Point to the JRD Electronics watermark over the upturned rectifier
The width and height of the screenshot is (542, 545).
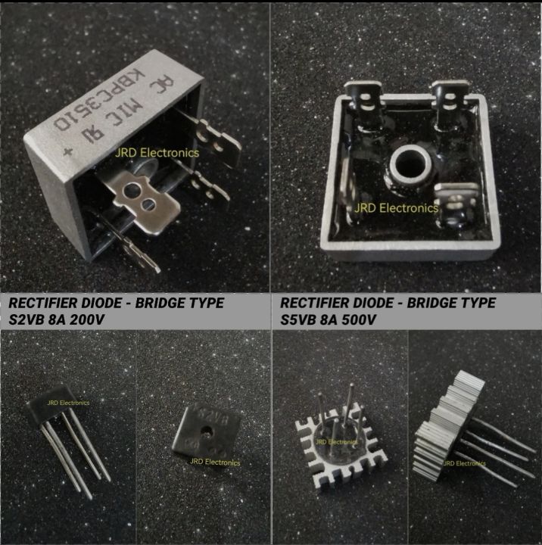point(396,207)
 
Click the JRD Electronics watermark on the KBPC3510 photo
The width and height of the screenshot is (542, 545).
point(157,152)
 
